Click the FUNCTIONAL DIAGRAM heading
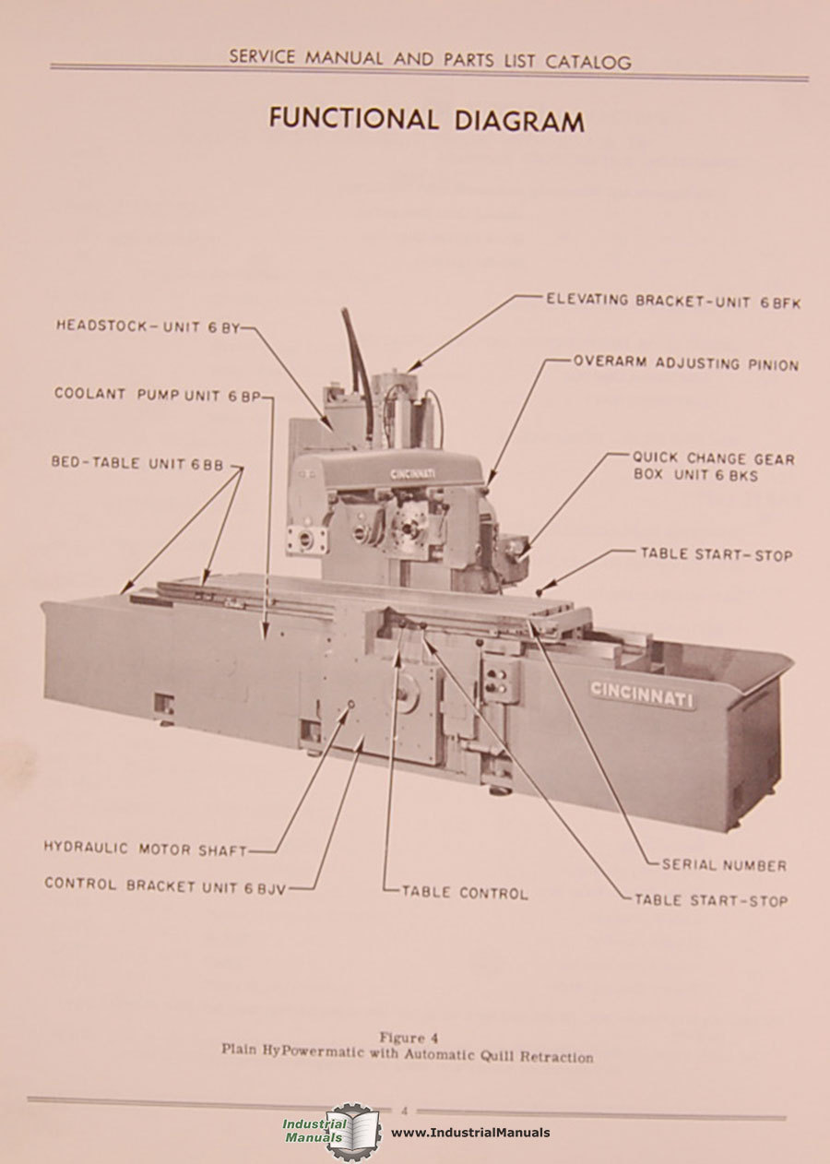pyautogui.click(x=426, y=120)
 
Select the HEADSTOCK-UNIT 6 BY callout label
pyautogui.click(x=147, y=327)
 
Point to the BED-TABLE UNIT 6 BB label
pyautogui.click(x=137, y=464)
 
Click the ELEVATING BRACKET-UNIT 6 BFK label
pyautogui.click(x=672, y=301)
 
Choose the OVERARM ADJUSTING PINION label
pyautogui.click(x=685, y=364)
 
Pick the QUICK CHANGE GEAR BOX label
pyautogui.click(x=713, y=466)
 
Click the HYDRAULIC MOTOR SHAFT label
pyautogui.click(x=145, y=849)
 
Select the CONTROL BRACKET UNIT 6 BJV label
pyautogui.click(x=165, y=885)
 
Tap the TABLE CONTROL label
pyautogui.click(x=465, y=893)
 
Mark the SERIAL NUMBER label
pyautogui.click(x=724, y=865)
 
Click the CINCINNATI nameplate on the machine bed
pyautogui.click(x=642, y=694)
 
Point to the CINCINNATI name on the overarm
pyautogui.click(x=412, y=473)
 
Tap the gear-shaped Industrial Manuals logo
pyautogui.click(x=352, y=1132)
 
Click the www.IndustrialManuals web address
pyautogui.click(x=470, y=1133)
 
